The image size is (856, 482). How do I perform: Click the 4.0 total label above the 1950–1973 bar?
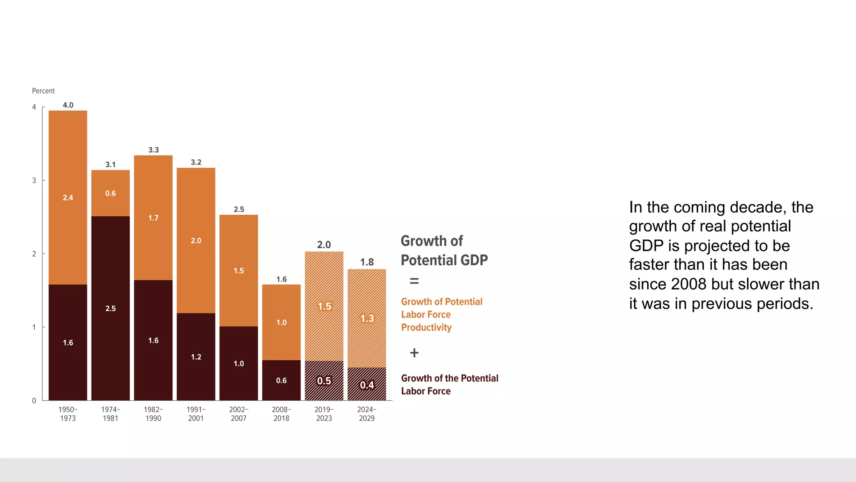pyautogui.click(x=68, y=105)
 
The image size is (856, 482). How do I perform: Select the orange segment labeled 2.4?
pyautogui.click(x=68, y=197)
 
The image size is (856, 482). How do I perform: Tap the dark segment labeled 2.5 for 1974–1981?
pyautogui.click(x=110, y=308)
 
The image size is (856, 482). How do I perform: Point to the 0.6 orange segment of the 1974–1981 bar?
pyautogui.click(x=110, y=193)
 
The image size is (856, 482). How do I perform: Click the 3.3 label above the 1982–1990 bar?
pyautogui.click(x=153, y=150)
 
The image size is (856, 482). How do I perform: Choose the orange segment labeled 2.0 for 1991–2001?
pyautogui.click(x=196, y=241)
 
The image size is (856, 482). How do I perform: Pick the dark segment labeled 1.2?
pyautogui.click(x=196, y=357)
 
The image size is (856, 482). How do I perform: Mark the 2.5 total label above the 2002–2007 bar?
pyautogui.click(x=239, y=209)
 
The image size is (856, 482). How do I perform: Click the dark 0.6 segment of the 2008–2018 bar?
pyautogui.click(x=281, y=380)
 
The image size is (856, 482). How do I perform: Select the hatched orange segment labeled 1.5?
pyautogui.click(x=324, y=306)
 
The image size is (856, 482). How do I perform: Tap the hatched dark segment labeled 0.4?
pyautogui.click(x=367, y=385)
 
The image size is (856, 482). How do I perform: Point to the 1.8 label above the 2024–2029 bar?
pyautogui.click(x=367, y=262)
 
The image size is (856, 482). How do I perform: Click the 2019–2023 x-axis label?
pyautogui.click(x=324, y=414)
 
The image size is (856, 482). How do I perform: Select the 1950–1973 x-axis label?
pyautogui.click(x=68, y=414)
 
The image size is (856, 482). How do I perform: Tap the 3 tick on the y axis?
pyautogui.click(x=34, y=181)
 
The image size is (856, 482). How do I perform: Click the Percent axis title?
pyautogui.click(x=43, y=91)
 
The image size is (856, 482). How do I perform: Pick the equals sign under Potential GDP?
pyautogui.click(x=414, y=281)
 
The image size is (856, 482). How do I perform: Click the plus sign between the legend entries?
pyautogui.click(x=414, y=353)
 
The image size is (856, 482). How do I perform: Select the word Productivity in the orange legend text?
pyautogui.click(x=426, y=328)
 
